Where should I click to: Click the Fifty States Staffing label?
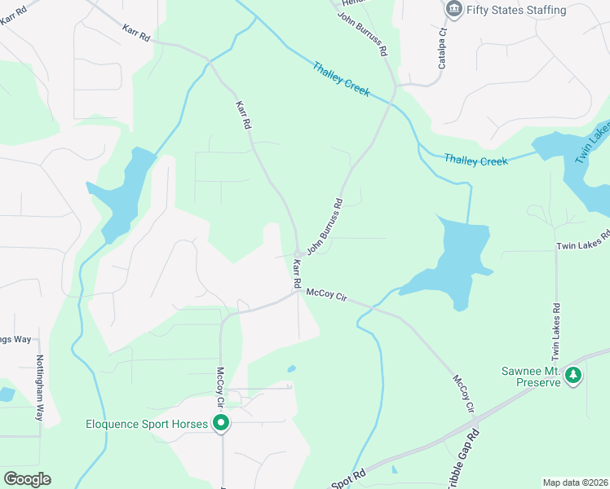click(x=517, y=10)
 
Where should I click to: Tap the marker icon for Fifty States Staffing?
click(x=453, y=9)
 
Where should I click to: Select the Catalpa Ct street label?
click(x=443, y=48)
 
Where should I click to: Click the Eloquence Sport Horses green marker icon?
click(x=220, y=423)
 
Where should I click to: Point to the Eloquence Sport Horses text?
click(x=148, y=424)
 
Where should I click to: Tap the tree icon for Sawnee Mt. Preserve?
click(x=574, y=375)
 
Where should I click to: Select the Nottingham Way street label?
click(x=38, y=387)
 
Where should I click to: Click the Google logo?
click(x=27, y=479)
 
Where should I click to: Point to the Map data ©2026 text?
click(x=576, y=482)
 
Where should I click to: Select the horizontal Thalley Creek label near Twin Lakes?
click(x=476, y=161)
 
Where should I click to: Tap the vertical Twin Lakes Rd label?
click(x=556, y=332)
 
